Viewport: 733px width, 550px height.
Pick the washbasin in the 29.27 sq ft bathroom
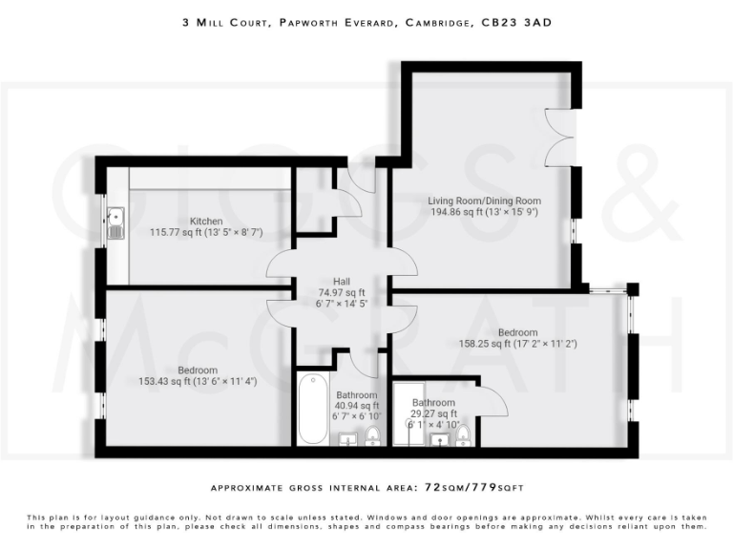[x=440, y=439]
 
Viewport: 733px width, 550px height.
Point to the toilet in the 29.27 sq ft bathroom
[x=463, y=436]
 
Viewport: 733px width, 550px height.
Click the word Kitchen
[x=206, y=222]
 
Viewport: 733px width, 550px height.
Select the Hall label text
[x=341, y=281]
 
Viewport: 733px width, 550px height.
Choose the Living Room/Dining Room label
[x=484, y=201]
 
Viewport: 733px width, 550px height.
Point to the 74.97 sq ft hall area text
[x=342, y=292]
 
